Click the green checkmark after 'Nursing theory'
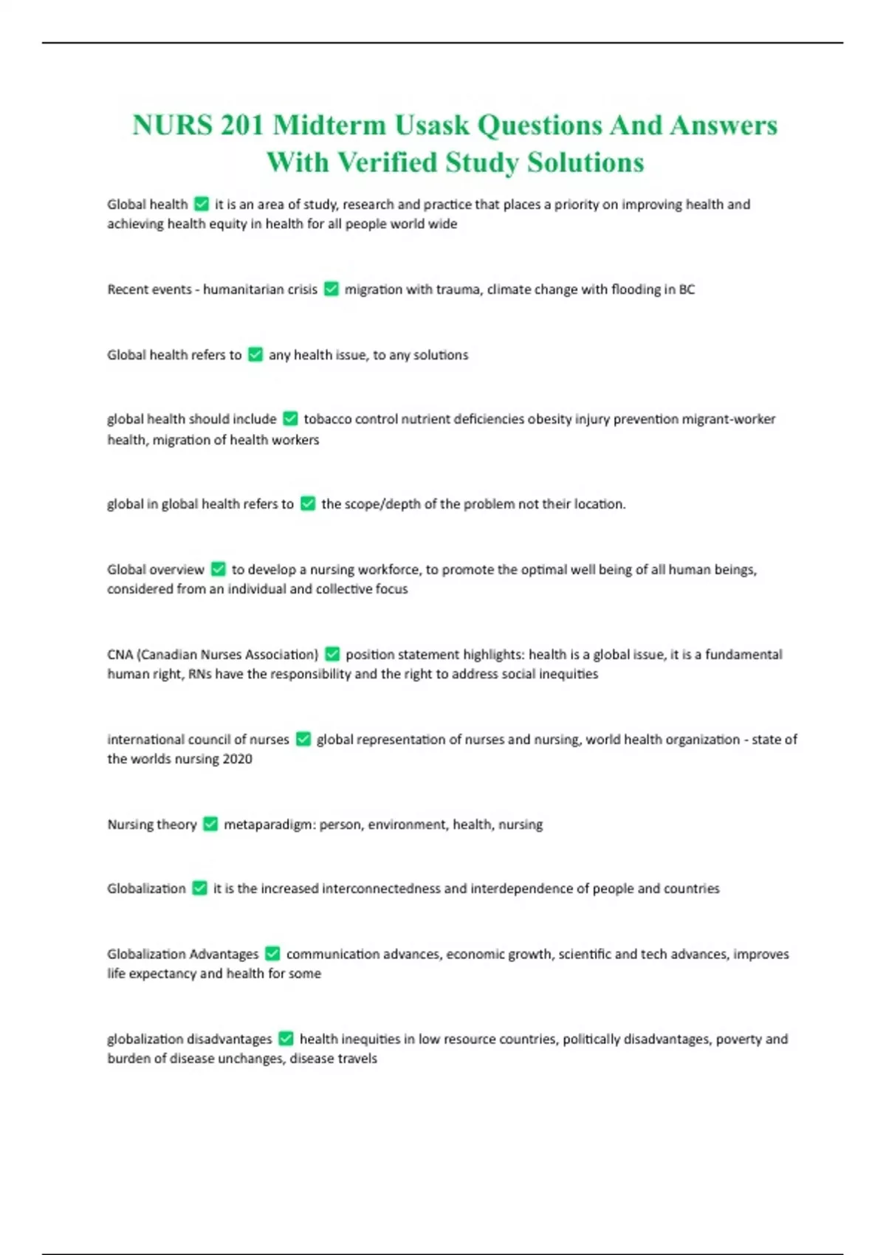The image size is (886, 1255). point(210,824)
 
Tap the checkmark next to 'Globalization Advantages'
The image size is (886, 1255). point(272,954)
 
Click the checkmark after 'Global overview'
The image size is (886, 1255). point(218,569)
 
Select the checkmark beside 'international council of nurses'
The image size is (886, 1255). point(303,739)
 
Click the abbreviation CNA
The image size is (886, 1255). point(120,654)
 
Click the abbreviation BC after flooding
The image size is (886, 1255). point(687,289)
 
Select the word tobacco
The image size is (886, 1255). point(328,419)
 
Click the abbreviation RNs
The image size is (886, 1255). point(199,674)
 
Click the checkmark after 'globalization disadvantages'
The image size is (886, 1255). point(286,1039)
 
